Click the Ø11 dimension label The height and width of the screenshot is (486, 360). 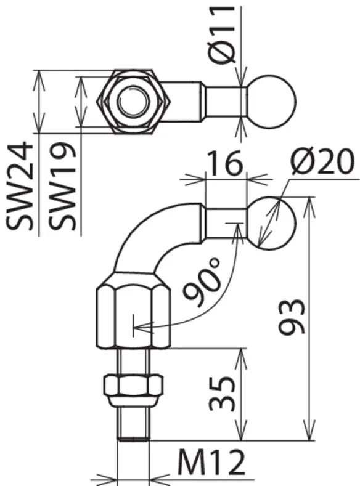(x=223, y=34)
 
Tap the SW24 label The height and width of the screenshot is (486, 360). (x=20, y=187)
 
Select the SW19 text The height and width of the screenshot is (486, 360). (x=62, y=187)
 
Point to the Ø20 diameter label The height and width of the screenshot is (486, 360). (x=322, y=161)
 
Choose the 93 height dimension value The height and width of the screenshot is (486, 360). (x=292, y=317)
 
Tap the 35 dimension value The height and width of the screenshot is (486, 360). (x=222, y=394)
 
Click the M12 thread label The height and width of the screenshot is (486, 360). (x=211, y=463)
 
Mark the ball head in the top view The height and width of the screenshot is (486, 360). (x=272, y=102)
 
